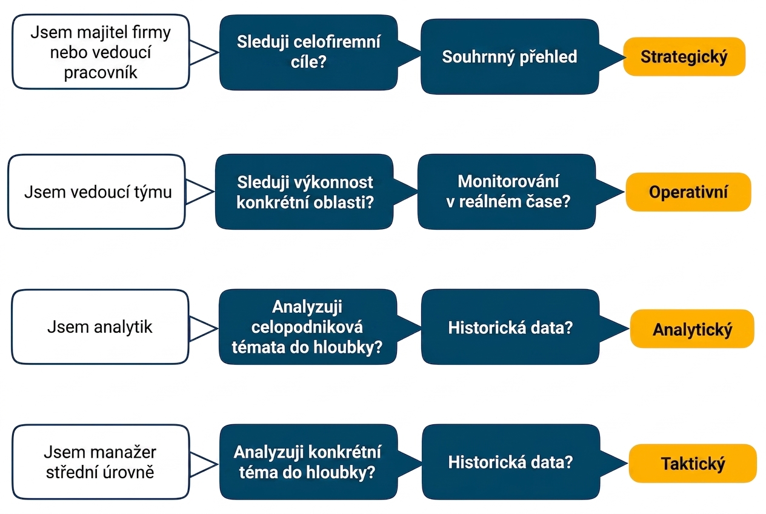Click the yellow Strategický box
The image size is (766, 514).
click(x=684, y=56)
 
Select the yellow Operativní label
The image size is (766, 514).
click(x=688, y=192)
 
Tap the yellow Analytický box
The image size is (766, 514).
click(x=692, y=329)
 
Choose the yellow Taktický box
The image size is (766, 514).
click(x=693, y=463)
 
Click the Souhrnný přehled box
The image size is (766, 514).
click(x=510, y=56)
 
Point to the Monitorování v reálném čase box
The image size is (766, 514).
click(x=507, y=192)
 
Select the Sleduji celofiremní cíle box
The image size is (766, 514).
click(x=308, y=52)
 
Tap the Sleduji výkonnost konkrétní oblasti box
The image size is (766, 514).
click(x=304, y=192)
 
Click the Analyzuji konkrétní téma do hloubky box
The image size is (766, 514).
click(x=308, y=462)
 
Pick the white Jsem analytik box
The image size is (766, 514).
click(x=100, y=327)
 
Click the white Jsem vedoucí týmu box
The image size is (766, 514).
click(x=96, y=192)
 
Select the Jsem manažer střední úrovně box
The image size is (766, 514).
click(x=101, y=462)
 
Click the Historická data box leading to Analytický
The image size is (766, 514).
click(x=510, y=327)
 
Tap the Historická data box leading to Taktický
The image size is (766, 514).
click(x=511, y=462)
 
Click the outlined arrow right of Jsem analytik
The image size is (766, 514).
click(x=204, y=329)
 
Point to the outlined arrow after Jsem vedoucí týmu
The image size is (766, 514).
click(x=200, y=192)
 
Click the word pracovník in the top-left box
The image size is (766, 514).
click(x=101, y=73)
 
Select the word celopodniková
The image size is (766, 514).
click(x=307, y=327)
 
